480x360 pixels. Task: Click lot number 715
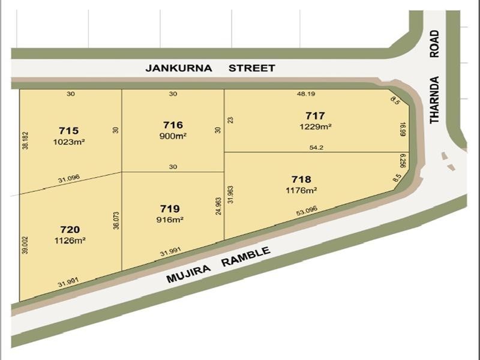[x=69, y=130]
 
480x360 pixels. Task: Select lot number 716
[x=173, y=125]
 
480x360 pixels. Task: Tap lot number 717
[x=315, y=116]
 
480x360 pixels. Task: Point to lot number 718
[x=301, y=179]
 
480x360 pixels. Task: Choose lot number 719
[x=170, y=209]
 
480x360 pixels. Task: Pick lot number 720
[x=70, y=229]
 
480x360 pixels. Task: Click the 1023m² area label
[x=69, y=142]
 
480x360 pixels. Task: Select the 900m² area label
[x=173, y=136]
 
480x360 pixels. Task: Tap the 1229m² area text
[x=315, y=127]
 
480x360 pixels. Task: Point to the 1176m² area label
[x=301, y=190]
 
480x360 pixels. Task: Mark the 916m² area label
[x=170, y=220]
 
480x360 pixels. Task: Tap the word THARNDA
[x=435, y=100]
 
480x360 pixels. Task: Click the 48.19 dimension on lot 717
[x=305, y=94]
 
